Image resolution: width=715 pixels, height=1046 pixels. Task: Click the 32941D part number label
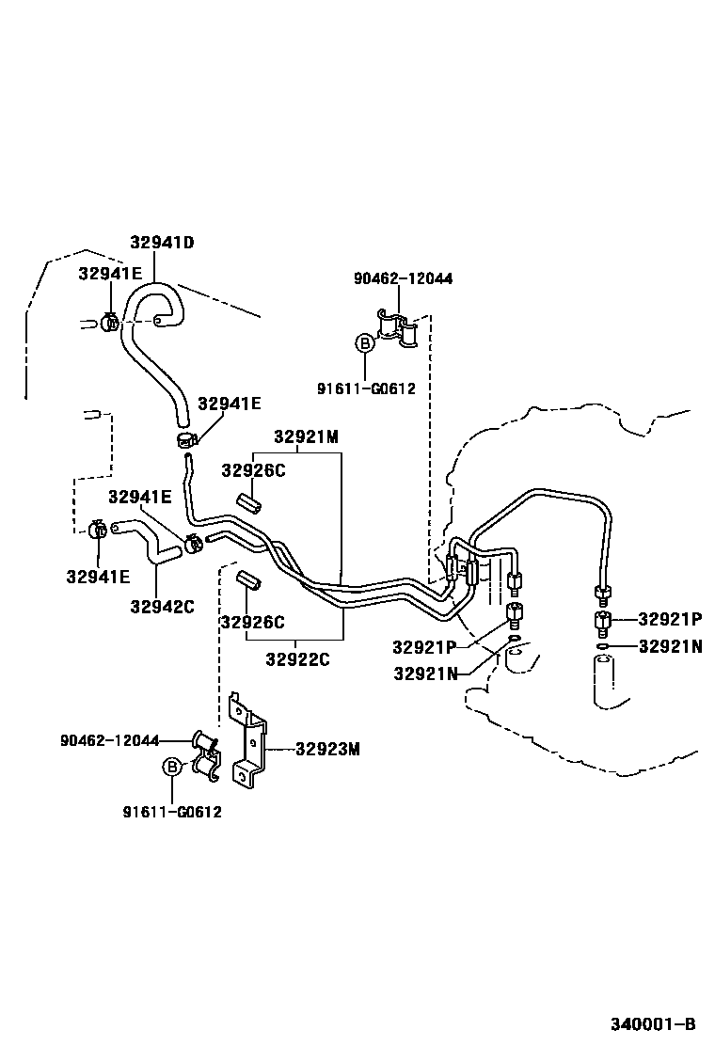point(162,242)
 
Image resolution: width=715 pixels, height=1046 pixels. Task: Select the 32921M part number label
point(306,436)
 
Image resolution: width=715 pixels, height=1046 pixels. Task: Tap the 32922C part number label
point(297,659)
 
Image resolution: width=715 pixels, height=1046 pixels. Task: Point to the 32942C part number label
point(162,606)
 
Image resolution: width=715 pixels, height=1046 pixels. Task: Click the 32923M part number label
point(328,749)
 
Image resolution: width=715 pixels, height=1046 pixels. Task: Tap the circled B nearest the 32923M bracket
point(172,768)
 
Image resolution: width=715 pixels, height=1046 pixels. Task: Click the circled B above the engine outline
point(364,343)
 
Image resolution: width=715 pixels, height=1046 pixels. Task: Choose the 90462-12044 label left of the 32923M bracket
point(109,740)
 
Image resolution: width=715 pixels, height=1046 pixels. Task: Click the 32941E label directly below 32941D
point(110,274)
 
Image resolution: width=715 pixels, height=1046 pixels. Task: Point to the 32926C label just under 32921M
point(253,470)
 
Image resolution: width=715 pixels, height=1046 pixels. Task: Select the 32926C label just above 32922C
point(252,622)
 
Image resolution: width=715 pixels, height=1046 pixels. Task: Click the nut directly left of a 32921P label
point(602,621)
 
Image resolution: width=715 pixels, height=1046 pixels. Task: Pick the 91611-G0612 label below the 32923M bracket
point(172,813)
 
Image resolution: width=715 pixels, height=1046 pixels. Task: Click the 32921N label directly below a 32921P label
point(671,646)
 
